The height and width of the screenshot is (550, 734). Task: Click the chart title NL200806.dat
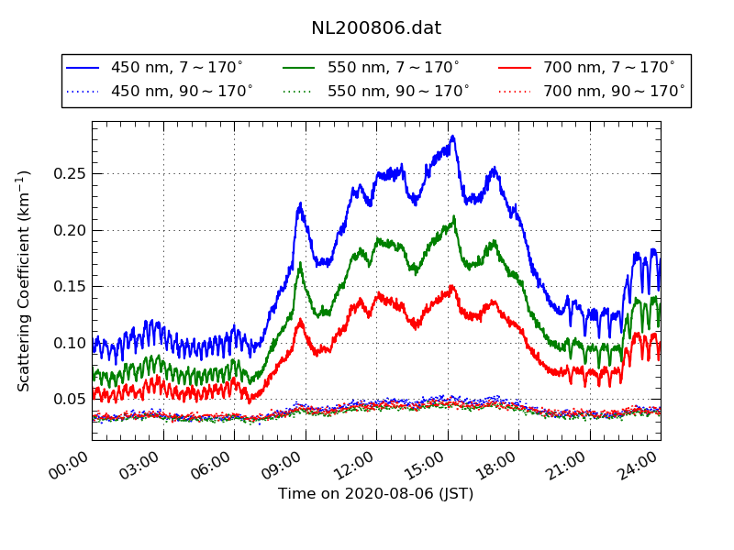(x=376, y=28)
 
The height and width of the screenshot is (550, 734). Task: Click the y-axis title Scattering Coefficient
(x=25, y=280)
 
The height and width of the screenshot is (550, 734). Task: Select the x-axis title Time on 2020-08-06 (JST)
(x=376, y=494)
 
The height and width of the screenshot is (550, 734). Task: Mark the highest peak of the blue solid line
(x=452, y=137)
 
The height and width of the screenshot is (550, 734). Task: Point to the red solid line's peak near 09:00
(x=300, y=320)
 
